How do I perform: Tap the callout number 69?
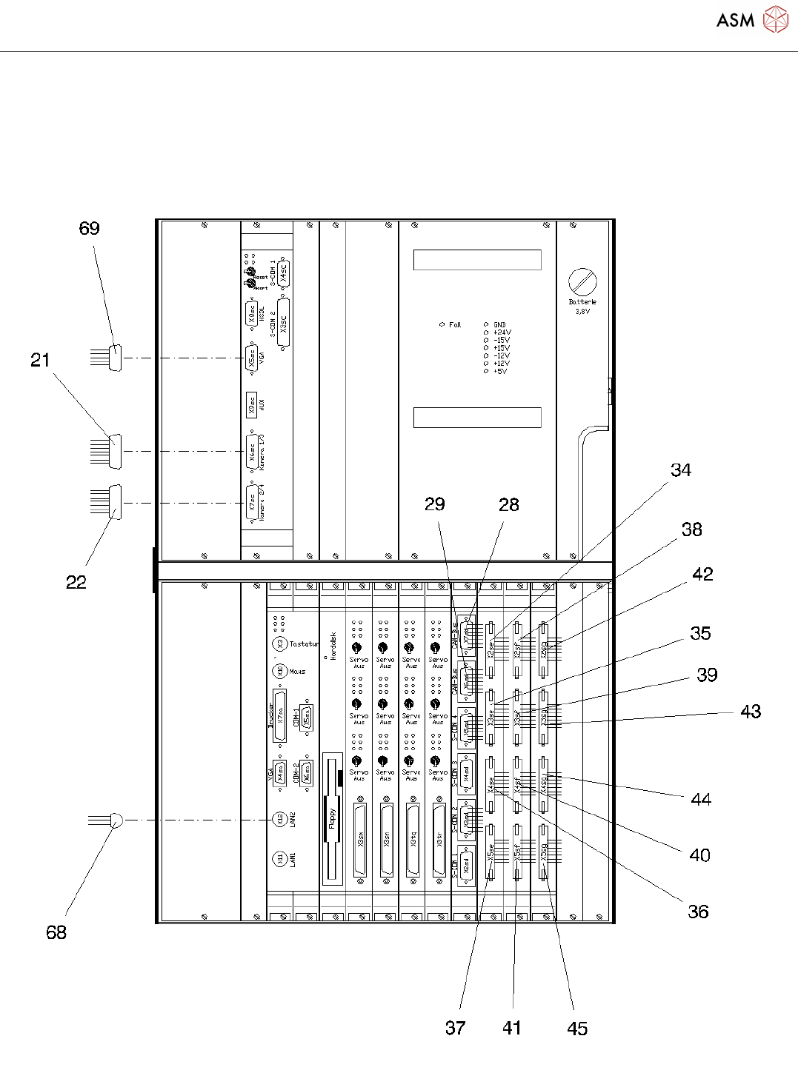tap(89, 228)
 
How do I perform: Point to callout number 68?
tap(56, 932)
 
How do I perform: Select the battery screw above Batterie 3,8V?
tap(582, 282)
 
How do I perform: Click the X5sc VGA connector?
tap(252, 358)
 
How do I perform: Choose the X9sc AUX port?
tap(252, 404)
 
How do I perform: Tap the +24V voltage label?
tap(502, 332)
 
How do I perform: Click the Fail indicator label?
tap(454, 324)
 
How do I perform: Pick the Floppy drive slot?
tap(333, 819)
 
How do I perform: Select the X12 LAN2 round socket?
tap(279, 820)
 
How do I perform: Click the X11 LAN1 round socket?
tap(279, 859)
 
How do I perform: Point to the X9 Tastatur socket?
tap(279, 644)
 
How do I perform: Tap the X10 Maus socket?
tap(279, 671)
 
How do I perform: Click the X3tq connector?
tap(412, 840)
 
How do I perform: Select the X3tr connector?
tap(439, 840)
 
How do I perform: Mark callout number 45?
tap(577, 1029)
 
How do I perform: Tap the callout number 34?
tap(681, 470)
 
